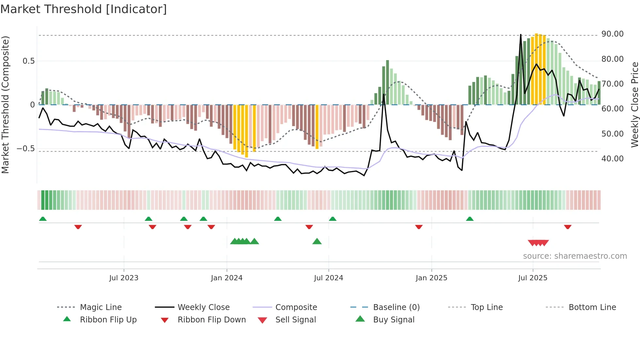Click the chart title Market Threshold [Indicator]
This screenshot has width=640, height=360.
pos(84,9)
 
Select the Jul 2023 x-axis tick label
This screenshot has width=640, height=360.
pos(124,278)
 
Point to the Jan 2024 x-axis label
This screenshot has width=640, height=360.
pos(227,278)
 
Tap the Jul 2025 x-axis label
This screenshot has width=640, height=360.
pos(533,278)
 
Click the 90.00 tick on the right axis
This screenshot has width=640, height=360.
pos(612,34)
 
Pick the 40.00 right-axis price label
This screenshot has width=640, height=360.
pos(612,159)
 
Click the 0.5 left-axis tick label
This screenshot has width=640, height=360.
pos(28,61)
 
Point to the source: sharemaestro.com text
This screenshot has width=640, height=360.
pos(575,256)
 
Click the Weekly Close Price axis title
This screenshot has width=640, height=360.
pos(634,105)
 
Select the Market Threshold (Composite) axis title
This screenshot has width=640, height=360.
pos(5,105)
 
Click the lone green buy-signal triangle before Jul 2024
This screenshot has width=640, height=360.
pos(317,241)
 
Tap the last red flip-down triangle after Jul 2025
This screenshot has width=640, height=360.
pos(568,227)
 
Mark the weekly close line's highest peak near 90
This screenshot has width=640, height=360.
pos(520,34)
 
